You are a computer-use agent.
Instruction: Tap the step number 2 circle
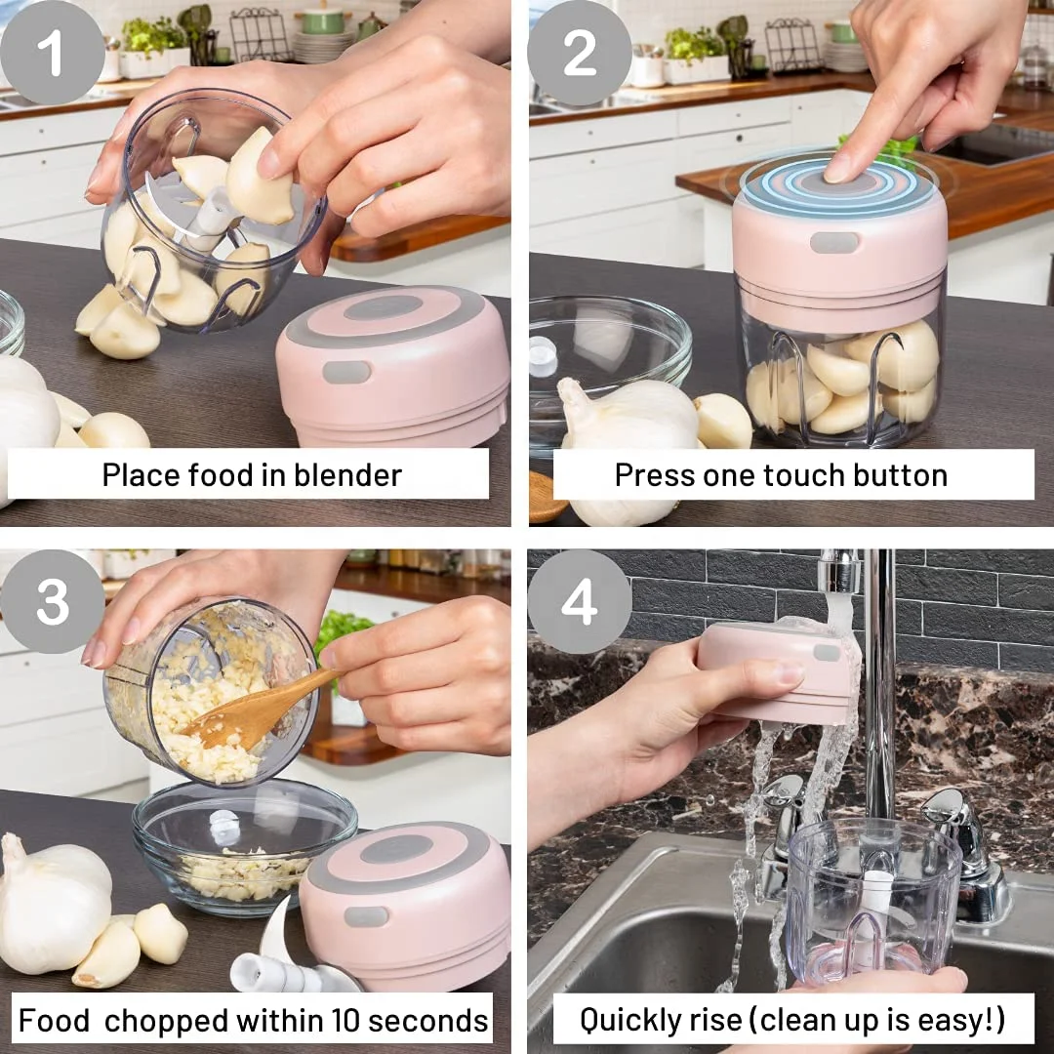[x=580, y=53]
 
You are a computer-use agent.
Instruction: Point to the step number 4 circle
[x=580, y=601]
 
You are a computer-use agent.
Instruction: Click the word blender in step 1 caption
[x=347, y=475]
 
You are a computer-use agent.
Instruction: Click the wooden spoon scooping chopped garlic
[x=256, y=710]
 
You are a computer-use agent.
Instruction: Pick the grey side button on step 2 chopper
[x=834, y=242]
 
